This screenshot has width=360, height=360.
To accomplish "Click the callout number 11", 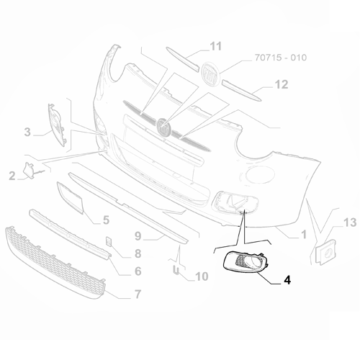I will pos(215,48).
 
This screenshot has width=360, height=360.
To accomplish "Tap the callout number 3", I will pos(27,132).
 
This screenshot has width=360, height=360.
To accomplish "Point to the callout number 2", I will pos(12,176).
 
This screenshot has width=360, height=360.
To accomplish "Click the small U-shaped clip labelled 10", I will pos(175,270).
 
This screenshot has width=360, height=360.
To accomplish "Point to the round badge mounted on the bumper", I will pos(166,127).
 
